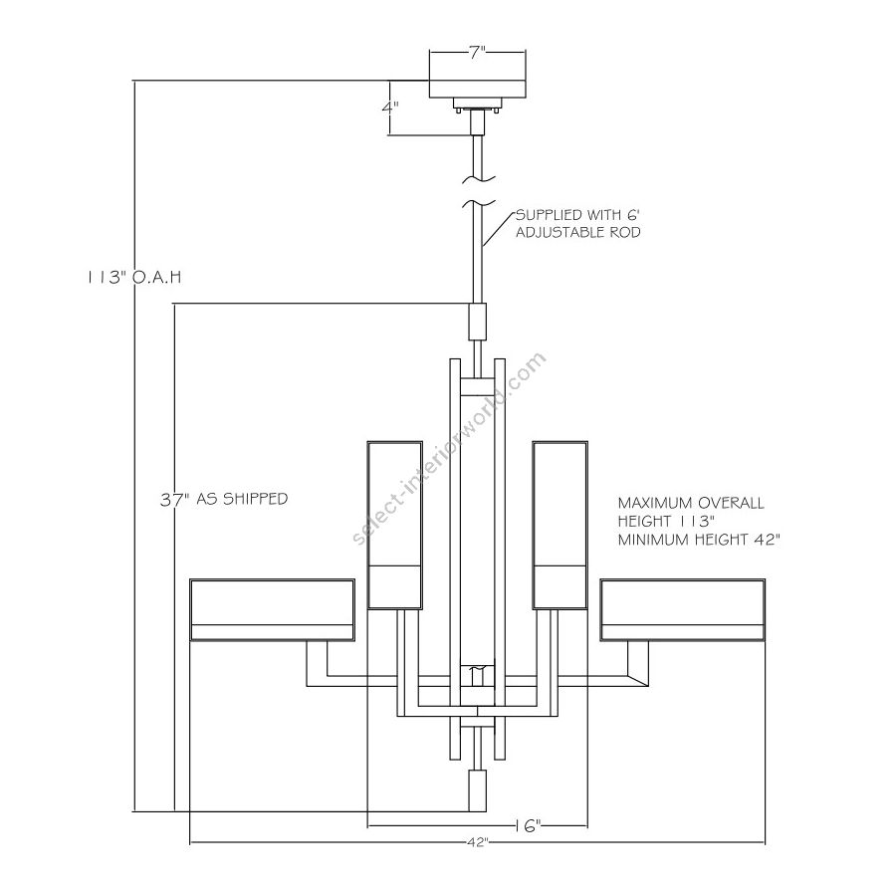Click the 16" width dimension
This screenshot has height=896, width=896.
point(528,825)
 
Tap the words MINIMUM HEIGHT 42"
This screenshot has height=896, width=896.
point(698,539)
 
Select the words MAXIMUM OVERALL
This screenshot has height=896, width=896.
point(690,503)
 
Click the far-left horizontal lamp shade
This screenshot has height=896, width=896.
point(273,609)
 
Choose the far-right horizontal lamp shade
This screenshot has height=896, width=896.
point(683,609)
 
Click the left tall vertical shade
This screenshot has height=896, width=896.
point(396,524)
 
